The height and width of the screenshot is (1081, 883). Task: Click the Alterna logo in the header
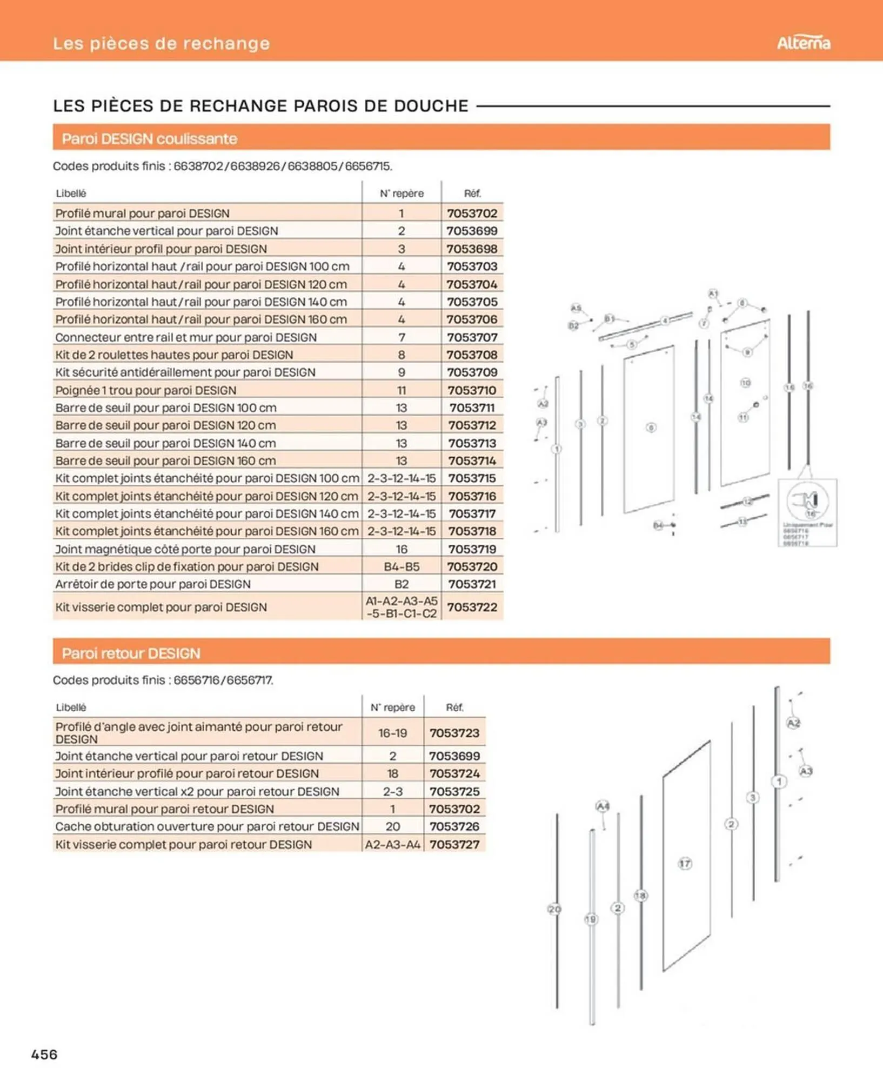[803, 43]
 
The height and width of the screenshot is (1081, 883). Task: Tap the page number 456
[44, 1054]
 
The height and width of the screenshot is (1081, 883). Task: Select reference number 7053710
[472, 390]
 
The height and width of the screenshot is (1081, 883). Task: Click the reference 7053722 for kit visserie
[472, 607]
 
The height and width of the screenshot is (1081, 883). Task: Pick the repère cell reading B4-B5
[402, 566]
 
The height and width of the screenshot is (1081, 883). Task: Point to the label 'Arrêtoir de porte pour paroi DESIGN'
[153, 584]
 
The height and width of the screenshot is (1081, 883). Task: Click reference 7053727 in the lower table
[454, 844]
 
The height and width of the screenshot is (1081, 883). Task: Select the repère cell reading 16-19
[392, 733]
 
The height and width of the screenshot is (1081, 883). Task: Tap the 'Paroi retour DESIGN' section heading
[131, 653]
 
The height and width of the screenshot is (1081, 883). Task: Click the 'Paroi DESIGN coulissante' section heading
[149, 139]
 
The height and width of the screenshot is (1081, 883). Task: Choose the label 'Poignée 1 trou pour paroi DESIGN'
[146, 390]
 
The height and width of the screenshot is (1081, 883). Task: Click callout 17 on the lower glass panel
[685, 863]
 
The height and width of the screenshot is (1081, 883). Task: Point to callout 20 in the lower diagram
[554, 909]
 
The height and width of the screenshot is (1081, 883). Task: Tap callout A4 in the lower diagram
[603, 806]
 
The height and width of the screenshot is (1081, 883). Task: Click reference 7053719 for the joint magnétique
[472, 549]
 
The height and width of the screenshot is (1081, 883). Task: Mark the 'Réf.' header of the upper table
[472, 193]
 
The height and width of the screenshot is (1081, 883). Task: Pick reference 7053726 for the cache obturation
[454, 826]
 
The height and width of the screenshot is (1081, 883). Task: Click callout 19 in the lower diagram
[591, 919]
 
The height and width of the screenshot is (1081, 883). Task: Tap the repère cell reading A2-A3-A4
[392, 844]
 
